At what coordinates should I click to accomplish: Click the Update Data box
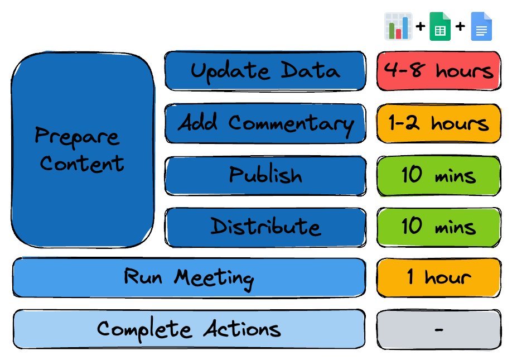[x=265, y=70]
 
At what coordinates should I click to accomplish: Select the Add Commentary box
[x=265, y=123]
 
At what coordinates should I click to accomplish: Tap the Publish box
[x=265, y=176]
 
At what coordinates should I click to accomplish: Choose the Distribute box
[x=265, y=227]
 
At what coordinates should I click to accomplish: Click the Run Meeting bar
[x=189, y=278]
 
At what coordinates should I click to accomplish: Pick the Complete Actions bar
[x=189, y=329]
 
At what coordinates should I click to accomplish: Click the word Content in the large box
[x=81, y=164]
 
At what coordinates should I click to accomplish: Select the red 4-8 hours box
[x=438, y=70]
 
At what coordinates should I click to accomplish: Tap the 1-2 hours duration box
[x=438, y=123]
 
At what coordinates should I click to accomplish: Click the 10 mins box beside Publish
[x=438, y=176]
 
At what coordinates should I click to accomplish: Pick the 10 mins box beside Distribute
[x=438, y=227]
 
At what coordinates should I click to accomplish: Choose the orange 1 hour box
[x=438, y=278]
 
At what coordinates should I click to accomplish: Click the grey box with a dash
[x=438, y=330]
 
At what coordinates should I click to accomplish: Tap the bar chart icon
[x=398, y=26]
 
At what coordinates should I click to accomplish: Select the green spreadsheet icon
[x=440, y=26]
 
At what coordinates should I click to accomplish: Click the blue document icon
[x=481, y=26]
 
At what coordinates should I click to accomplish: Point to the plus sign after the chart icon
[x=421, y=26]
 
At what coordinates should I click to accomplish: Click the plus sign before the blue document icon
[x=460, y=26]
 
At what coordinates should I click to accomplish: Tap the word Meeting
[x=214, y=279]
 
